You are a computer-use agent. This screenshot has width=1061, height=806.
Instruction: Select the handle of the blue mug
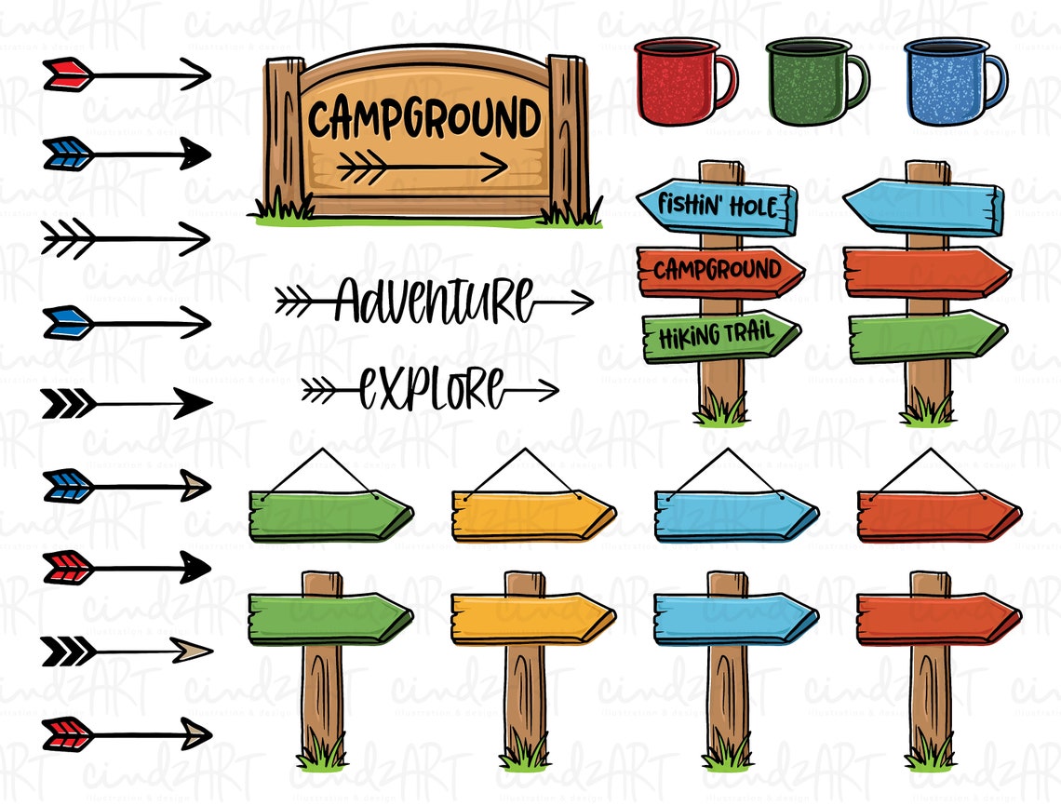click(x=996, y=81)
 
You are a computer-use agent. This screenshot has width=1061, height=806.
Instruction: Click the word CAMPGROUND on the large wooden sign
click(x=424, y=120)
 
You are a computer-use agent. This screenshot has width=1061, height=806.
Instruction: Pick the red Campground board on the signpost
click(x=719, y=271)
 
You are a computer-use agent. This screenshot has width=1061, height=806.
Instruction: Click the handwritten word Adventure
click(x=434, y=300)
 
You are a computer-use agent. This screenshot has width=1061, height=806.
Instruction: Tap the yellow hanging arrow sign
click(x=531, y=516)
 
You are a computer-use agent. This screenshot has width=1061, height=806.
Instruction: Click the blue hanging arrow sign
click(x=734, y=516)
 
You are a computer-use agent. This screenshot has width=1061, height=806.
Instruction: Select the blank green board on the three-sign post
click(x=927, y=336)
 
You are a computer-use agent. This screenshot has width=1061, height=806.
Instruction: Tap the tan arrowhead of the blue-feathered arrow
click(x=196, y=485)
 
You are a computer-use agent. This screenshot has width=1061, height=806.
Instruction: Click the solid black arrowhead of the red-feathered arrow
click(x=195, y=567)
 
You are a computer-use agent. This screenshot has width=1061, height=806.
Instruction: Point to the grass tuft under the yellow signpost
click(x=526, y=752)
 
